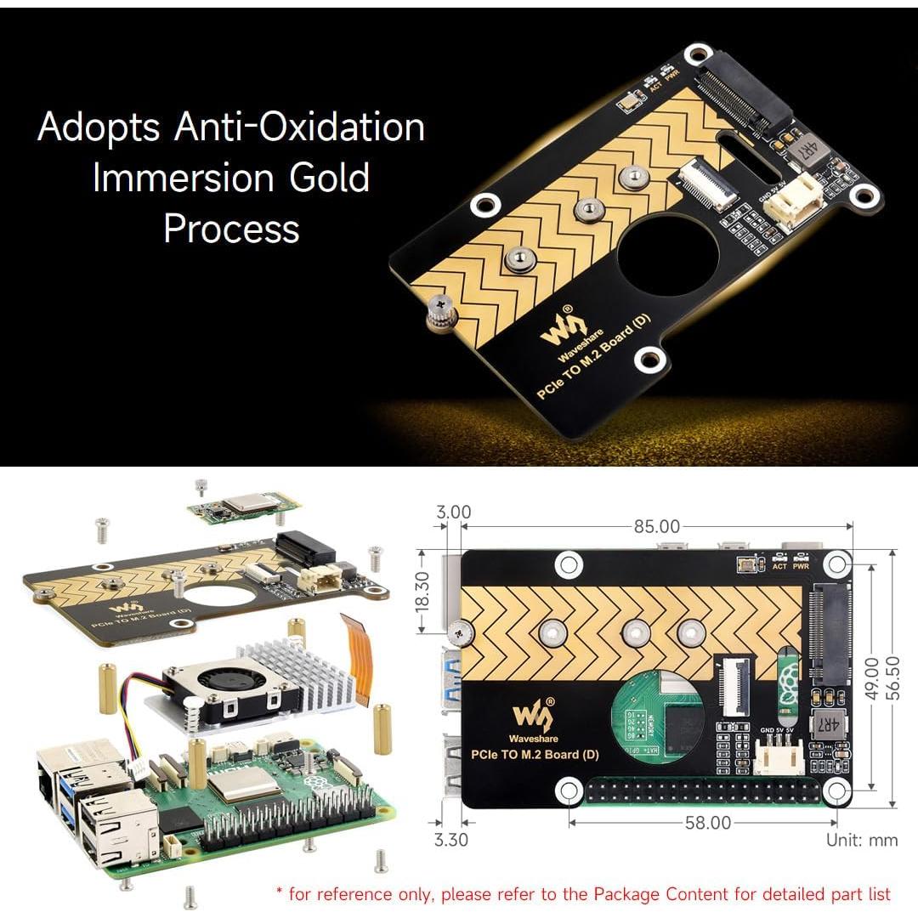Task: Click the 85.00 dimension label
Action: coord(657,528)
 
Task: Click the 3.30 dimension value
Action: coord(450,841)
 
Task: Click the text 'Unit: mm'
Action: coord(862,840)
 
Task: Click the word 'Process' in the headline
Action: coord(231,229)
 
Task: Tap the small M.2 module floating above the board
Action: coord(245,507)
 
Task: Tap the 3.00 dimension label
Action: coord(453,512)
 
